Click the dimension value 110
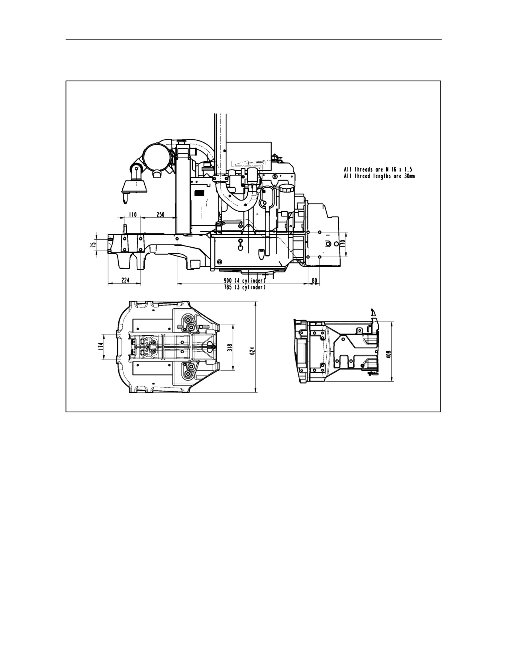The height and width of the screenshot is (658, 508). pos(133,215)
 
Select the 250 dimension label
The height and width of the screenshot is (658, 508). pos(160,215)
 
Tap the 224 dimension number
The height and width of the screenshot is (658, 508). pos(125,280)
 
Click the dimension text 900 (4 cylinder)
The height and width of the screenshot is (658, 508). pos(245,280)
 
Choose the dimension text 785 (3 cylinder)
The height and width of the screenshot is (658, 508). pos(245,287)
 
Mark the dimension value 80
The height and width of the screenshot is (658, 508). pos(315,281)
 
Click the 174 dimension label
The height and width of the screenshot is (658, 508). pos(100,347)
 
